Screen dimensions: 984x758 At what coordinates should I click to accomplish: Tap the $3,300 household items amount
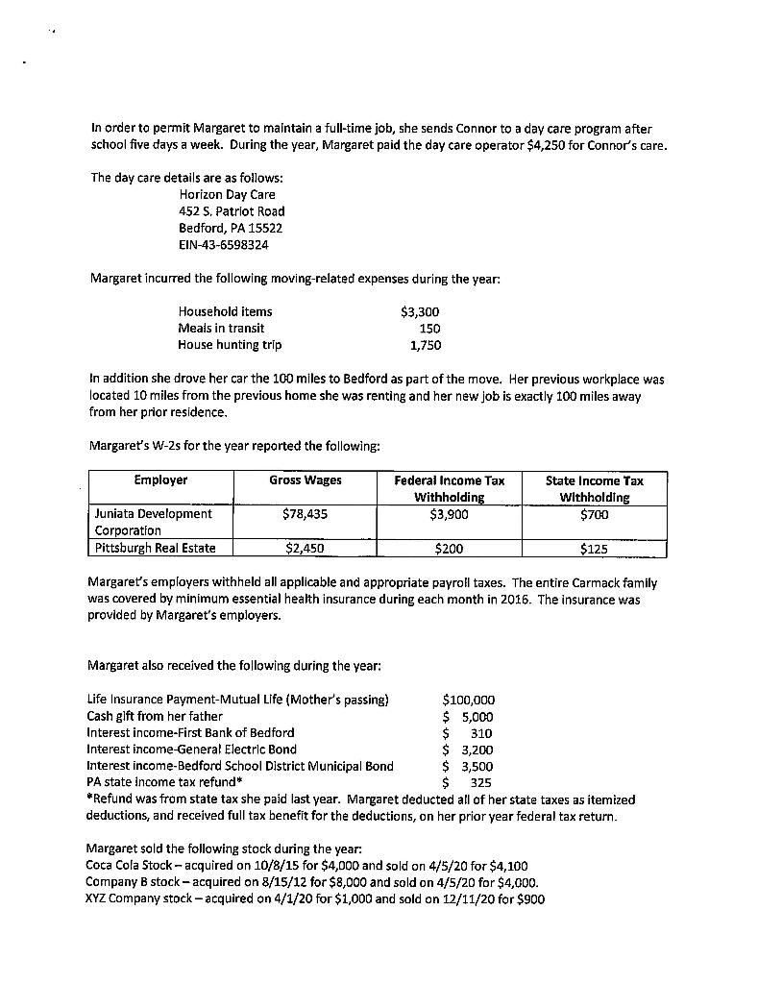(x=419, y=311)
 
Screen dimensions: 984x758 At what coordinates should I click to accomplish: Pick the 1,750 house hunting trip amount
(x=425, y=345)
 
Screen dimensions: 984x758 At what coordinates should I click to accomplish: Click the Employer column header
(x=160, y=480)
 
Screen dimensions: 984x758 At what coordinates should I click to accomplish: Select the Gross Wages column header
(x=305, y=480)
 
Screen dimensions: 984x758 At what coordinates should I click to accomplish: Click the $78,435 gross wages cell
(x=306, y=514)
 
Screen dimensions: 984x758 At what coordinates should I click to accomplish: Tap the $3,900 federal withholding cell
(x=449, y=514)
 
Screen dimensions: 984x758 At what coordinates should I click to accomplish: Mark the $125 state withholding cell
(x=594, y=550)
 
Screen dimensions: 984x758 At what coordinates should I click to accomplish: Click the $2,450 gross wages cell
(x=306, y=550)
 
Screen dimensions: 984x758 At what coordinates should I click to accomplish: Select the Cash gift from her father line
(x=155, y=716)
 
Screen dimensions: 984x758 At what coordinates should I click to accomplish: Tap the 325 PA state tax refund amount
(x=481, y=782)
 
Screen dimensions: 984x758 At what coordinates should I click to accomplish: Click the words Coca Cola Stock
(x=131, y=866)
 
